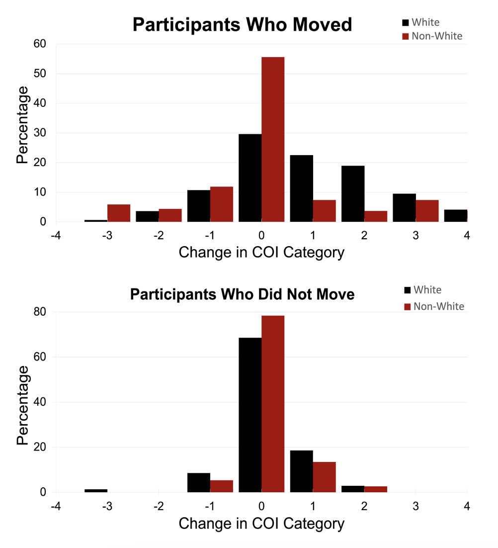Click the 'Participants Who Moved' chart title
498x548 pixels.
(x=242, y=25)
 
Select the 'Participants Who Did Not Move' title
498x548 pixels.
(x=242, y=294)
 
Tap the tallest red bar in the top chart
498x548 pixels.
(x=273, y=139)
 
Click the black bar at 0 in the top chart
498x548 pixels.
(x=250, y=178)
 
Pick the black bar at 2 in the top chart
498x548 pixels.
(x=353, y=193)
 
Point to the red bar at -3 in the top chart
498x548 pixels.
(x=119, y=213)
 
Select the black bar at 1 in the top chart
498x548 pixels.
(x=302, y=188)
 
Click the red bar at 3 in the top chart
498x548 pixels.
(x=427, y=211)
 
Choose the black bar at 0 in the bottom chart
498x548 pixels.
(x=250, y=415)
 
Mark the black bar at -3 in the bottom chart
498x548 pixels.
(x=96, y=490)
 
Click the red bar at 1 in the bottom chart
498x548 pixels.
(x=325, y=477)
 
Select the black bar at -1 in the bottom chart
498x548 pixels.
(x=199, y=482)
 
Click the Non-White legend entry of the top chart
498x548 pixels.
(x=432, y=36)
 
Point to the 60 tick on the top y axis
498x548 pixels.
(x=39, y=44)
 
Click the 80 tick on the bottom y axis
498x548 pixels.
(x=39, y=312)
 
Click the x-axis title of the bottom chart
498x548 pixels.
(x=261, y=523)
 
